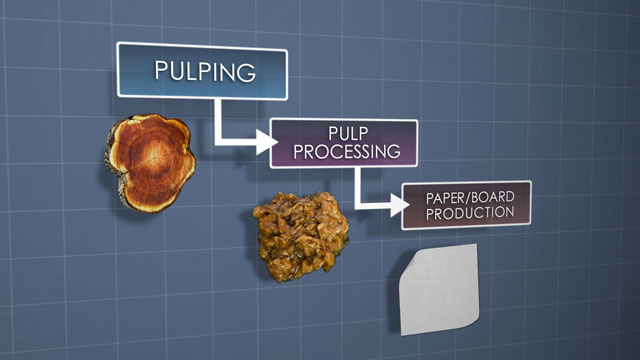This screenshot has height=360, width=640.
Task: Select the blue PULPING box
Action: [203, 72]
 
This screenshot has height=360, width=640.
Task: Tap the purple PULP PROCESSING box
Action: [343, 144]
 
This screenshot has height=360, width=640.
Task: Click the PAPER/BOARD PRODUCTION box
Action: [466, 204]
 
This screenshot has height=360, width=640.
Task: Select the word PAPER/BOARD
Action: [466, 197]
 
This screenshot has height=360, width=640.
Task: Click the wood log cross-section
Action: [150, 160]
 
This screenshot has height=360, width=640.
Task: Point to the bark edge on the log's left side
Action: [109, 160]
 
